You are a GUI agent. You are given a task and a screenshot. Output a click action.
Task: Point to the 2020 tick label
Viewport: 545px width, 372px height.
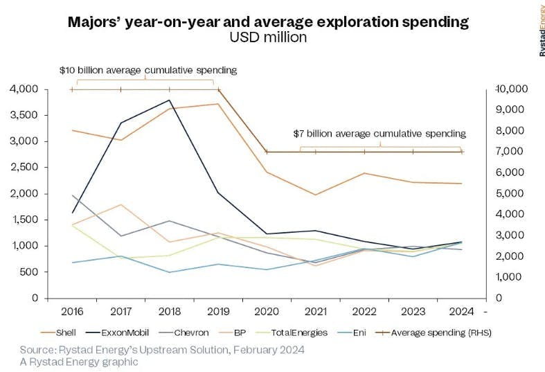click(x=267, y=311)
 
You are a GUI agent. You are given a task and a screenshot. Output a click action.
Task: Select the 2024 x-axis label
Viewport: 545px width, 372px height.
click(x=461, y=311)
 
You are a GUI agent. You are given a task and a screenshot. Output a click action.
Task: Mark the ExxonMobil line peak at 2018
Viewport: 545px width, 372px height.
click(x=170, y=100)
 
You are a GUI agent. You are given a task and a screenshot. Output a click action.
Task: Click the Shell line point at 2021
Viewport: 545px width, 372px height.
click(x=316, y=195)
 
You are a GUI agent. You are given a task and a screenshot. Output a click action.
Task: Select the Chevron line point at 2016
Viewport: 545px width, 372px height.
click(x=72, y=195)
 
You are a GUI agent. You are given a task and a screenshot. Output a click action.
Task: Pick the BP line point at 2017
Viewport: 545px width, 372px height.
click(x=120, y=204)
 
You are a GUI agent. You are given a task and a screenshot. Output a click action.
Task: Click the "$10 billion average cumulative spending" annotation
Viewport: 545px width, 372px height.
click(x=148, y=70)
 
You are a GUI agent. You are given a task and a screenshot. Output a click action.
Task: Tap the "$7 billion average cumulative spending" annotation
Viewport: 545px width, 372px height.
click(x=379, y=133)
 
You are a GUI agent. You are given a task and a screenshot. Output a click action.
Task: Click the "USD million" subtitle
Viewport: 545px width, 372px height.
click(x=268, y=37)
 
